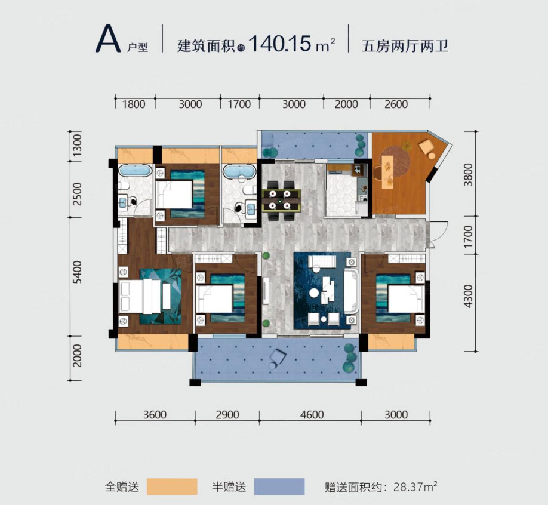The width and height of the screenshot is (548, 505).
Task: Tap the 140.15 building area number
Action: click(x=280, y=44)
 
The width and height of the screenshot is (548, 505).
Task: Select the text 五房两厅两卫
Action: click(x=405, y=45)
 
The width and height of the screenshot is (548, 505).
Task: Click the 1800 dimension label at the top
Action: click(x=134, y=104)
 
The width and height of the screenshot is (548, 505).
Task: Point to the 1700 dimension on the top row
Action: click(x=239, y=104)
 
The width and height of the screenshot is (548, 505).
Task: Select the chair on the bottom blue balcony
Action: click(x=278, y=359)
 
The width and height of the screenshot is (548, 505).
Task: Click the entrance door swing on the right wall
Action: click(x=439, y=232)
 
